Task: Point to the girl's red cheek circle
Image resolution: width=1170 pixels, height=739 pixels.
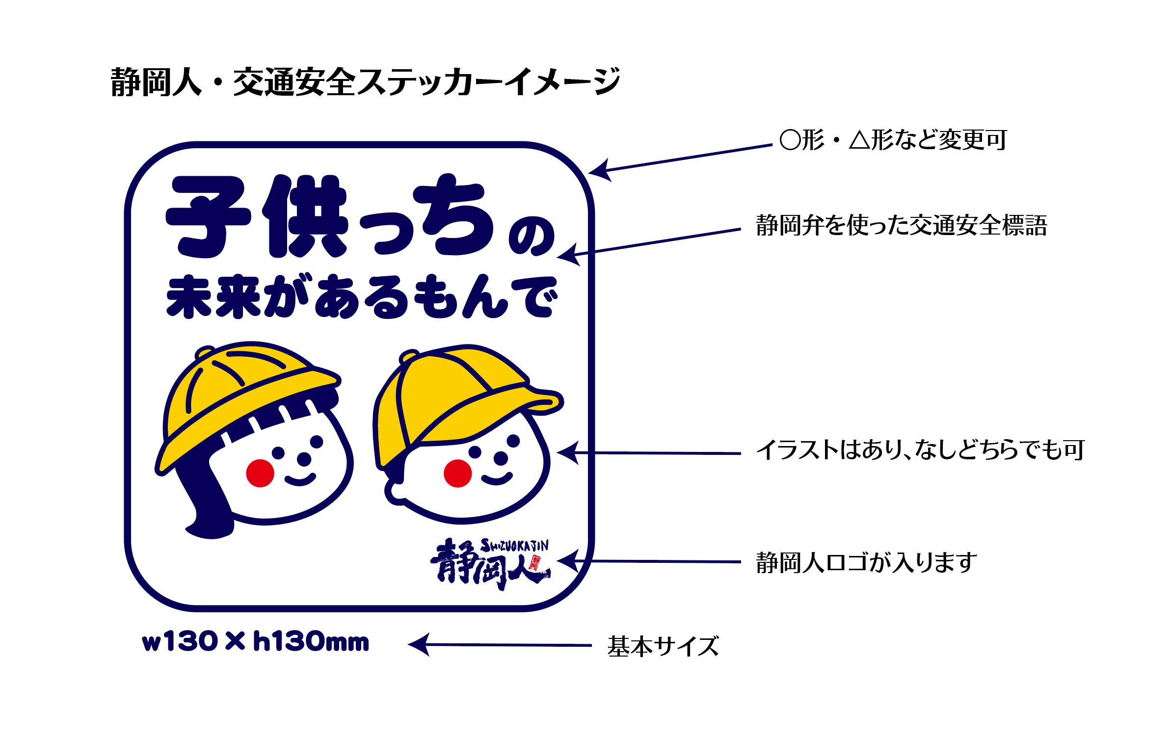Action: pos(260,473)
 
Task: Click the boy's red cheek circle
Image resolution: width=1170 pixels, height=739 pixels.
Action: pos(457,473)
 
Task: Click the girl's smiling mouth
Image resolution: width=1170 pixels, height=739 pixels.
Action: pos(299,478)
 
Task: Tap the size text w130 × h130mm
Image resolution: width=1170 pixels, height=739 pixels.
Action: pos(255,643)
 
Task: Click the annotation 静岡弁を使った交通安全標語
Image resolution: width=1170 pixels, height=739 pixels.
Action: pos(901,226)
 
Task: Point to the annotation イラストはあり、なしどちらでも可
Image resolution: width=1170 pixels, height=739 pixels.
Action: pos(920,450)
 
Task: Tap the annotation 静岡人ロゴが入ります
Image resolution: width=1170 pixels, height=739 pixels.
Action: pos(867,562)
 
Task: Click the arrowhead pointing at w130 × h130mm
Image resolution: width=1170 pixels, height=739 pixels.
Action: pos(417,645)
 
